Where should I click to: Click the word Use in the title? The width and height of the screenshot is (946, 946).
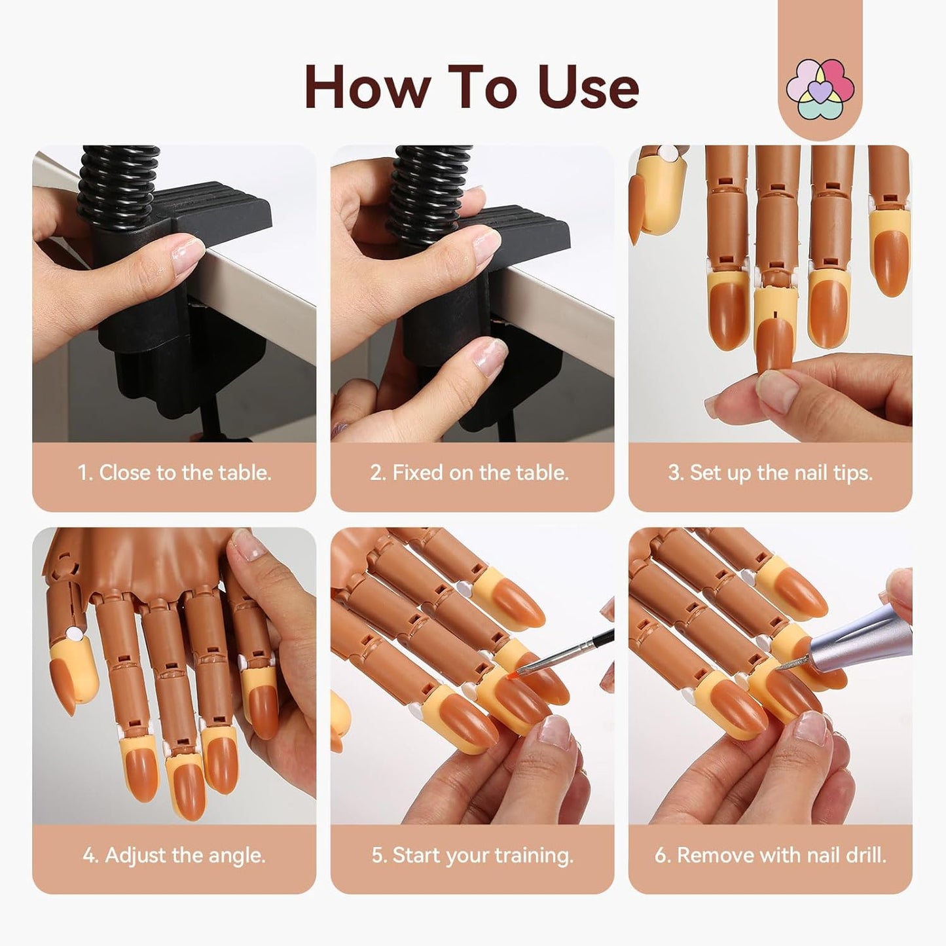pos(587,88)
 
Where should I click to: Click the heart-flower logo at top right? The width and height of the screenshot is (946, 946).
pos(820,90)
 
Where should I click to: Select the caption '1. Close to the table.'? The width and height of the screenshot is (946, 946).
pos(174,473)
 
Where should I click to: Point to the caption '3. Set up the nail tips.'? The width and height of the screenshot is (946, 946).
pos(770,473)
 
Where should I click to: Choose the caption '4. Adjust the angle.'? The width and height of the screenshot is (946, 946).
pos(174,855)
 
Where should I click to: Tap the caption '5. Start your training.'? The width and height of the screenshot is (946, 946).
pos(472,855)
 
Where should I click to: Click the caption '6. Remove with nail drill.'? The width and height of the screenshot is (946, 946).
pos(770,855)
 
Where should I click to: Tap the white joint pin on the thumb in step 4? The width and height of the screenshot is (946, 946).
pos(72,634)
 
